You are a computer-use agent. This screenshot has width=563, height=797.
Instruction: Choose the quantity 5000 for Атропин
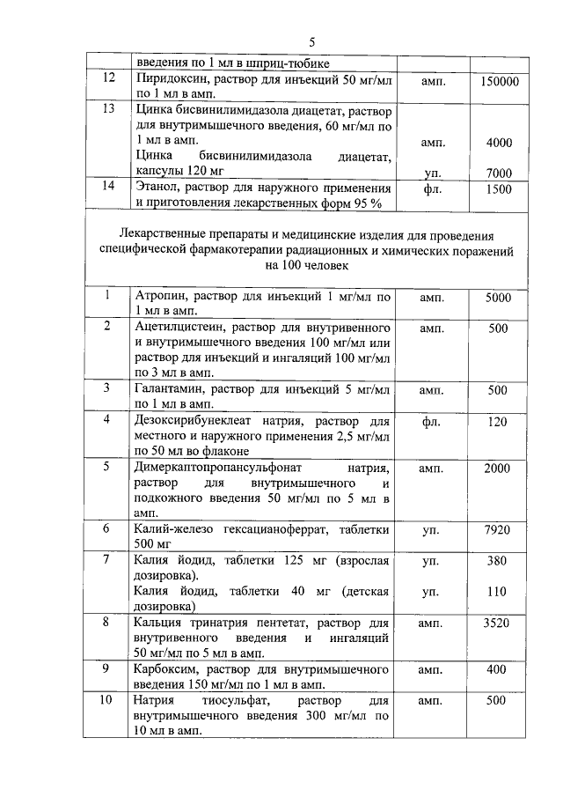498,298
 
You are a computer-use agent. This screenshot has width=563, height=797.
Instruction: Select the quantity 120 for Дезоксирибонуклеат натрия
498,421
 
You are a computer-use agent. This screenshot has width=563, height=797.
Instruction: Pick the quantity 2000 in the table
498,468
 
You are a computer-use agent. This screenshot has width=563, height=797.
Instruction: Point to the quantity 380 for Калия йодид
498,560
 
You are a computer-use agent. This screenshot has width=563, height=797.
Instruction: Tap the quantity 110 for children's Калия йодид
498,592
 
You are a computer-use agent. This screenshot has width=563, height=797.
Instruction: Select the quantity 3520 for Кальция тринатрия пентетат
498,623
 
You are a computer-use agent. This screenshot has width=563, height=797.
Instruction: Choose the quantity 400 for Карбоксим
498,669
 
